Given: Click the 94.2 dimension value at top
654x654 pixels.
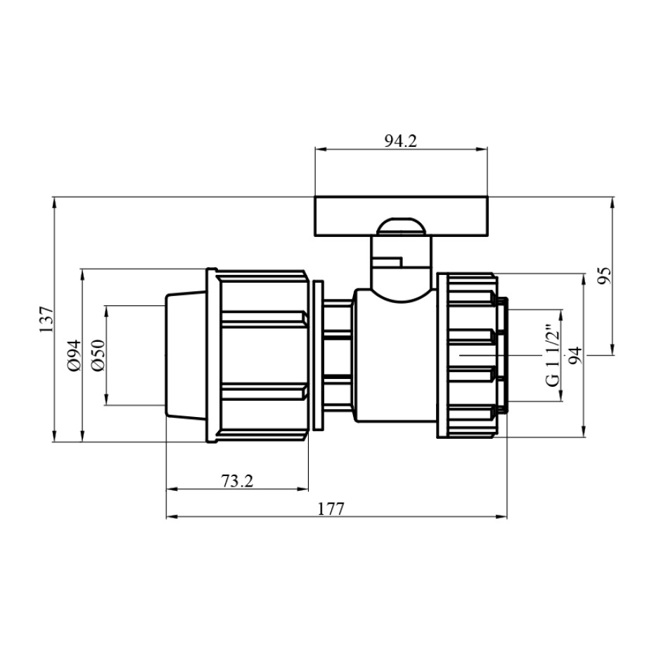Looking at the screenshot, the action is coord(400,141).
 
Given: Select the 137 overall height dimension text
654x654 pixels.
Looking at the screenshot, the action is coord(46,319).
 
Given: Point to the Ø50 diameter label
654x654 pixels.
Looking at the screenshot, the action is coord(98,355).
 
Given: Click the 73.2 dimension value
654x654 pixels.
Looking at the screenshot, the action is coord(237,481).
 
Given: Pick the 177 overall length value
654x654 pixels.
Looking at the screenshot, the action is coord(331,509).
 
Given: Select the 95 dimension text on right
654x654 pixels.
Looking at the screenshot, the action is coord(604,275).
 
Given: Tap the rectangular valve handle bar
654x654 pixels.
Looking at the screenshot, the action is coord(401,217).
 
